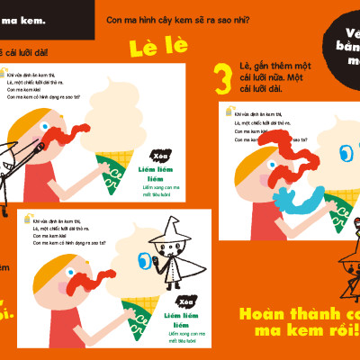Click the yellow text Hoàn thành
(297, 315)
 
